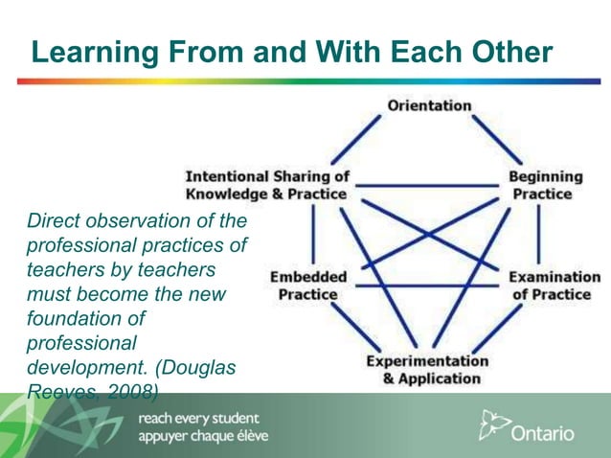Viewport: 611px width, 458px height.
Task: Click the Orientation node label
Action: tap(429, 105)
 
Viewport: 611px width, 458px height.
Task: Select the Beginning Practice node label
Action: tap(545, 185)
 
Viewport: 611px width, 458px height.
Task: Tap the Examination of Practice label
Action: tap(549, 286)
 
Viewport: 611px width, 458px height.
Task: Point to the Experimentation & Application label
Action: tap(427, 370)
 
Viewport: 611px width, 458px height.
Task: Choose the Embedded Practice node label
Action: tap(308, 286)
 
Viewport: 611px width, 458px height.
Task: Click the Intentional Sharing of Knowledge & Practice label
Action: tap(266, 185)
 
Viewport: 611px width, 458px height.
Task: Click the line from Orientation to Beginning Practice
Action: tap(499, 140)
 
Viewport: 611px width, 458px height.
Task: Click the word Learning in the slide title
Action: tap(87, 52)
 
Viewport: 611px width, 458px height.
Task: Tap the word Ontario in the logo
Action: tap(543, 433)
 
